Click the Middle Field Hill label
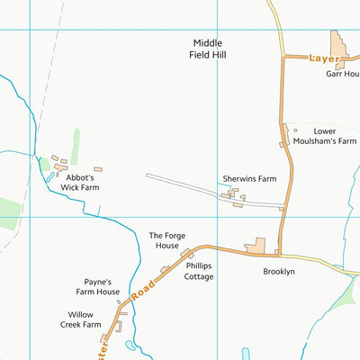tap(207, 49)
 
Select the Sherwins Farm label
tap(249, 179)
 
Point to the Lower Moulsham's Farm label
tap(323, 136)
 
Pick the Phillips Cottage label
tap(200, 272)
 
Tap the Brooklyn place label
tap(279, 271)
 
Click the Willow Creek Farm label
tap(80, 319)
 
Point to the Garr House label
tap(342, 74)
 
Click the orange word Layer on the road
tap(322, 58)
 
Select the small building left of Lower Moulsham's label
tap(282, 143)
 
